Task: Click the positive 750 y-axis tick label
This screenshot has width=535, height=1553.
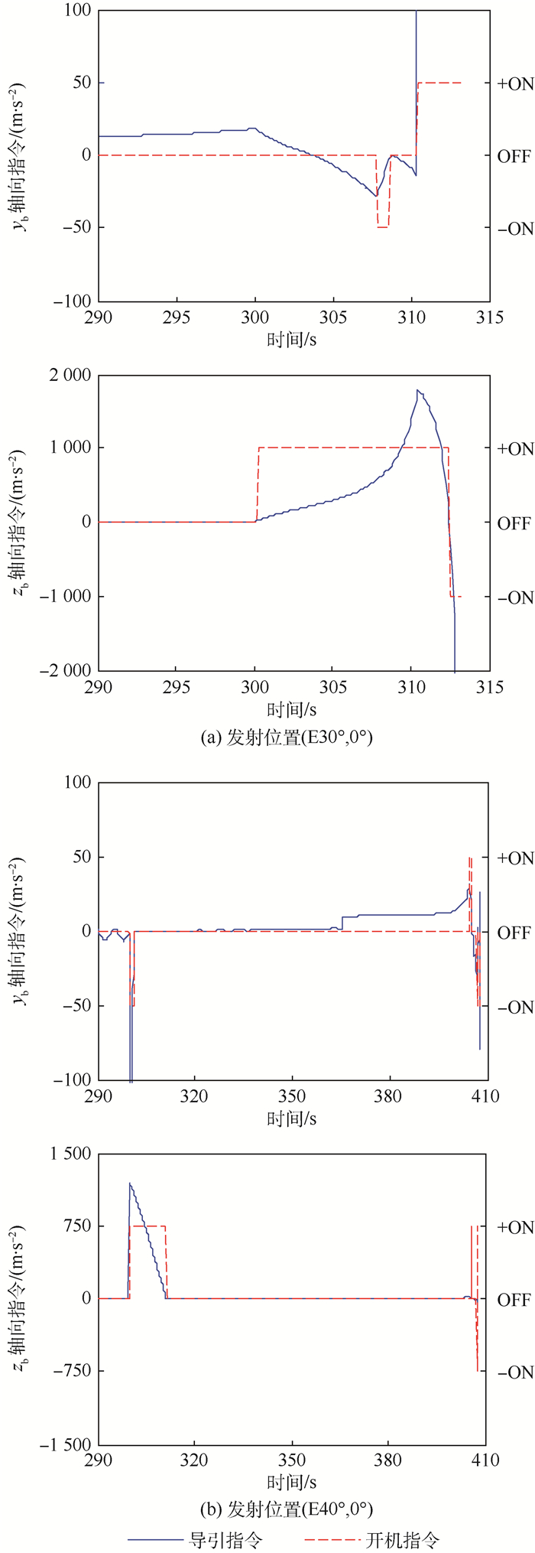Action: pos(73,1226)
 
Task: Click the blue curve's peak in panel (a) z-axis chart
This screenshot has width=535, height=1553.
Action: pos(417,390)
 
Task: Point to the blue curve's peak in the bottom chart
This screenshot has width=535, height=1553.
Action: pos(130,1183)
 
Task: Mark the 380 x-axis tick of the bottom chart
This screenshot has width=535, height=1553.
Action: pos(388,1460)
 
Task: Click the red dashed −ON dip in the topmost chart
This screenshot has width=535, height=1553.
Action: pos(382,226)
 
